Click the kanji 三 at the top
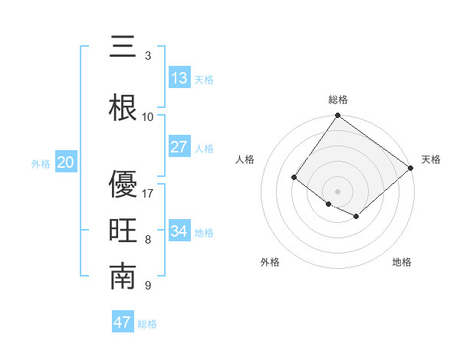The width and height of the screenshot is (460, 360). (123, 47)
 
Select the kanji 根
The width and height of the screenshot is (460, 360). (123, 108)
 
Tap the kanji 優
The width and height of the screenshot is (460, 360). (123, 184)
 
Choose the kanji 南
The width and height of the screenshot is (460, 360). (123, 277)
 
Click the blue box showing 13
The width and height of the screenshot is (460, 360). (179, 78)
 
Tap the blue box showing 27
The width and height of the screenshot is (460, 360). (179, 147)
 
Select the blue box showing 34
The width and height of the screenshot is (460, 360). (179, 231)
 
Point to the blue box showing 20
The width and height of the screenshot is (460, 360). (66, 162)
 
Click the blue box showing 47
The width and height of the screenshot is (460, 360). (123, 322)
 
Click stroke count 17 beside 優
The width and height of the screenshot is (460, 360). (148, 193)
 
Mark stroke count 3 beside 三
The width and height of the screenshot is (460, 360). (148, 55)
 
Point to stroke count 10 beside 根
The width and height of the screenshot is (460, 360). (148, 116)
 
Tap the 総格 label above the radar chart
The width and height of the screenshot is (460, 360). (338, 100)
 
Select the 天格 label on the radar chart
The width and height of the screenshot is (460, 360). (431, 159)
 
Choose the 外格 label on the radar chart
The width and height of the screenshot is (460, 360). (270, 262)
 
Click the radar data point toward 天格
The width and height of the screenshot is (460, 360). (411, 168)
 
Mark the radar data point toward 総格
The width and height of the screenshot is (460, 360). (337, 116)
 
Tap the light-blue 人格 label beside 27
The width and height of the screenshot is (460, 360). (204, 148)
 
